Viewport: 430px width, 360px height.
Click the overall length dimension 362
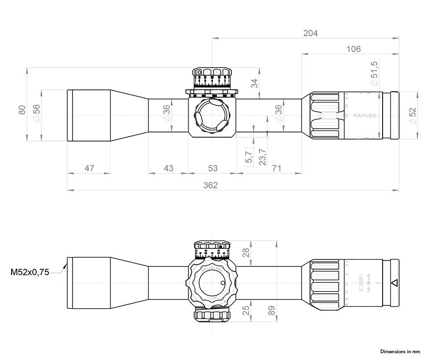point(211,185)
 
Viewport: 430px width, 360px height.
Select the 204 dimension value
point(310,33)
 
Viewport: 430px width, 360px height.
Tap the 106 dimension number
point(354,49)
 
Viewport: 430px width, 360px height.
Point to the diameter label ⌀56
point(36,115)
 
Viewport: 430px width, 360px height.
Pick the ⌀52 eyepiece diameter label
point(412,116)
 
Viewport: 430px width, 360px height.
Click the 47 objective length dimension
point(89,168)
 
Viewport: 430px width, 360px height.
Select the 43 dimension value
point(168,168)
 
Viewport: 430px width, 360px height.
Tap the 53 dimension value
point(213,168)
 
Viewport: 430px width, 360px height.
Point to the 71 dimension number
point(277,168)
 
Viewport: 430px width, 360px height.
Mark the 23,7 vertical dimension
point(262,157)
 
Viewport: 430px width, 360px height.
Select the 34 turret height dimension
point(255,83)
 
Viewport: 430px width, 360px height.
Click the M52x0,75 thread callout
point(30,273)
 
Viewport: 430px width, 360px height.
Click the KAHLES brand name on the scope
point(365,115)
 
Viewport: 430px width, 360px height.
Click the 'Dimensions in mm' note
point(401,351)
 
